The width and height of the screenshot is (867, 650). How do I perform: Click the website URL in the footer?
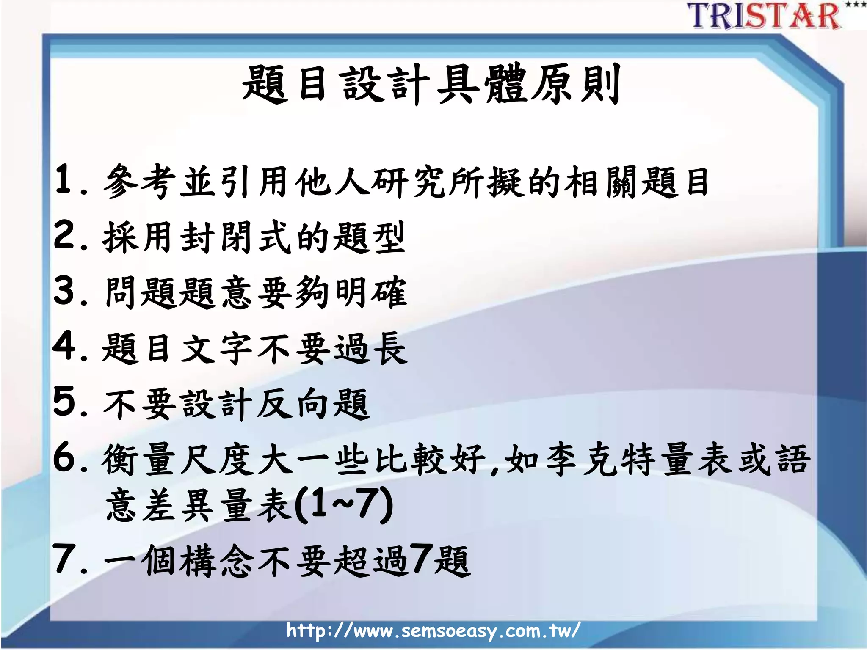[x=433, y=631]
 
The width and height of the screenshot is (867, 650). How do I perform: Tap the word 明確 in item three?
[x=371, y=292]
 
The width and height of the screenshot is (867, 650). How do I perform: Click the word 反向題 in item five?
[x=313, y=404]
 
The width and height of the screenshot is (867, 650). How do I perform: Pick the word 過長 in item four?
[x=371, y=348]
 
